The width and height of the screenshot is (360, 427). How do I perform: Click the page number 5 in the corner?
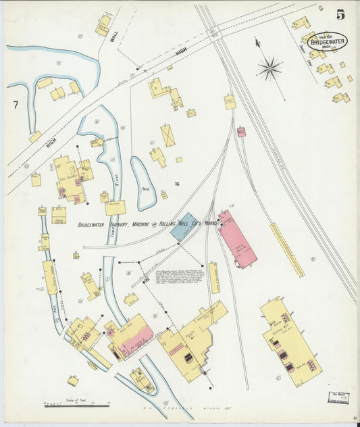tap(341, 14)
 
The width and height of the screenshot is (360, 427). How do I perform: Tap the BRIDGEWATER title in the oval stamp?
tap(328, 41)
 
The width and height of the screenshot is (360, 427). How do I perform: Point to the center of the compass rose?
tap(269, 67)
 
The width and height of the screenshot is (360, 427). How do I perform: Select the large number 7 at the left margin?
tap(15, 105)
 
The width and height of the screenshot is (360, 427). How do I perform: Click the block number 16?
tap(176, 184)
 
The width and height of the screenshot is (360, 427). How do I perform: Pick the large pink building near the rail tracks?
tap(237, 238)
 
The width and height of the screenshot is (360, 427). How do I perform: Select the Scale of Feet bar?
tap(76, 405)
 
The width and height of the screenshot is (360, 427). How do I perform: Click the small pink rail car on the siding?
tap(240, 132)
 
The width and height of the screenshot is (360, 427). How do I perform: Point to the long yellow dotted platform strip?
tap(286, 250)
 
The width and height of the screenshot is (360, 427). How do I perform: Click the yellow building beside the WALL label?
tap(103, 25)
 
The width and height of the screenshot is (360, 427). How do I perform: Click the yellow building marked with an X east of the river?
tap(168, 136)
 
